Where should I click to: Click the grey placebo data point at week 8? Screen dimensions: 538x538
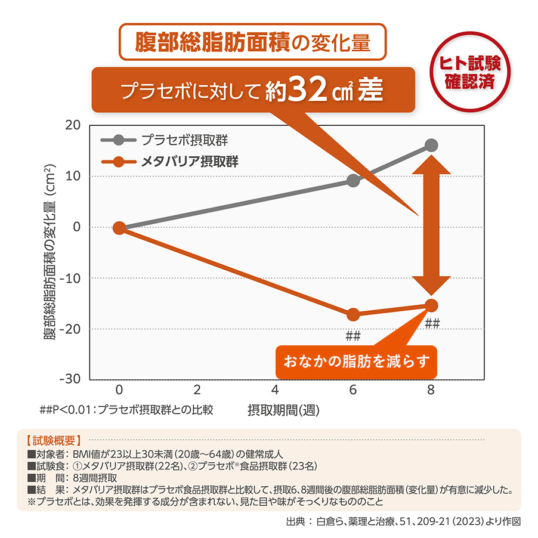pos(431,146)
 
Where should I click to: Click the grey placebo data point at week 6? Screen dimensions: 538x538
pos(353,180)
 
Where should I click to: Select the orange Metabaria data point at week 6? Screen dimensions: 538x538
pos(353,314)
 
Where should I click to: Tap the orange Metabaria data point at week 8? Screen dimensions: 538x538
pos(431,305)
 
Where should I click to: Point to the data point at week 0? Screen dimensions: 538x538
pos(119,228)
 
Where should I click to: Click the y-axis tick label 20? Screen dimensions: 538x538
pos(73,126)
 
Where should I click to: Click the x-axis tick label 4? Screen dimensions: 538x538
pos(275,389)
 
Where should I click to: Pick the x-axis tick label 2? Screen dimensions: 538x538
pos(197,389)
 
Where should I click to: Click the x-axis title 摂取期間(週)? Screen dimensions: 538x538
pos(280,410)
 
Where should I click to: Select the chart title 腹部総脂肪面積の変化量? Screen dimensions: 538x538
pos(253,42)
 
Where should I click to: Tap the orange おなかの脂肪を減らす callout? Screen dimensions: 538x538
pos(357,361)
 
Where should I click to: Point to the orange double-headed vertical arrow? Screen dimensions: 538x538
pos(431,225)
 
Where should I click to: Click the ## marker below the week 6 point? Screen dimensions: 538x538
pos(353,336)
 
